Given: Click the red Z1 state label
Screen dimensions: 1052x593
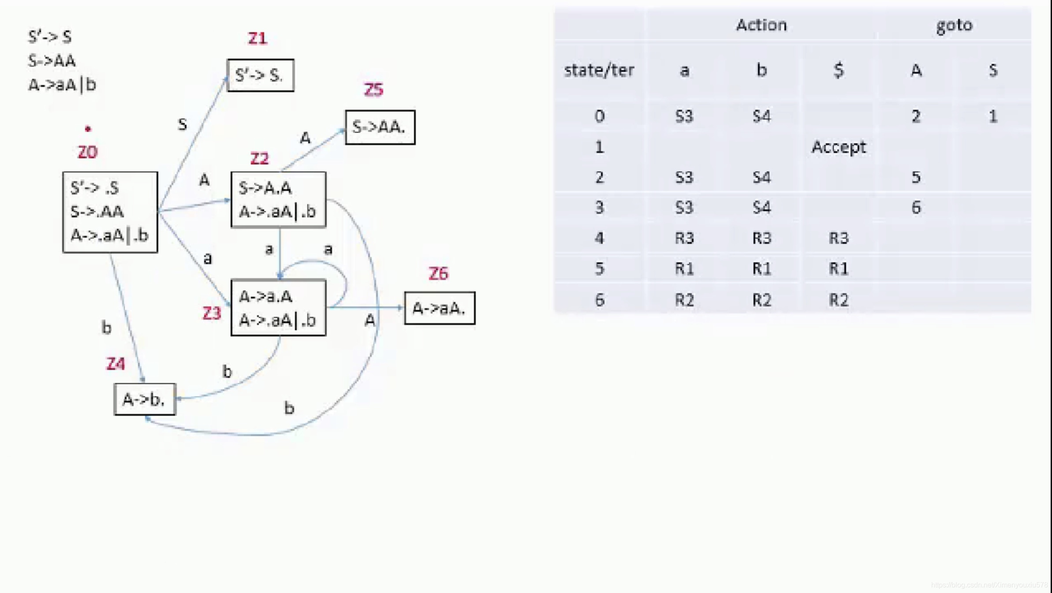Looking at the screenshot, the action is tap(257, 38).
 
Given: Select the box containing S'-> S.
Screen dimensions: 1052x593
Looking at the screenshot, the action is tap(260, 75).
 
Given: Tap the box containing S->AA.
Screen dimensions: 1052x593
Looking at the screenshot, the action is tap(380, 127).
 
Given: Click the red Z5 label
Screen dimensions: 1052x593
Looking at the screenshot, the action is tap(373, 90).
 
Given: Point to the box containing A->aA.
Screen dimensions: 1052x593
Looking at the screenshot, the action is tap(440, 308).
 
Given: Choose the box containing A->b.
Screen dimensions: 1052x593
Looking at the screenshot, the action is tap(145, 399).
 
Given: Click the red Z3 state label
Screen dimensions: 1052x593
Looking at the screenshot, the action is tap(212, 313).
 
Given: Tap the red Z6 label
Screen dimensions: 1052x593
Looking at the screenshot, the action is tap(438, 274).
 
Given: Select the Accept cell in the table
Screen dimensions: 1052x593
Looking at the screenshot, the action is tap(838, 147).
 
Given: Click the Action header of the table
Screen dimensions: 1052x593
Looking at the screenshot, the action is tap(761, 25).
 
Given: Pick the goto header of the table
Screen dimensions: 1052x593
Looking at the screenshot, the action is tap(954, 25).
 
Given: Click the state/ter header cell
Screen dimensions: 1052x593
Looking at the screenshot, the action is tap(599, 71).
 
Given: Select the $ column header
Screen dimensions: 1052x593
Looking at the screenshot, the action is tap(838, 71).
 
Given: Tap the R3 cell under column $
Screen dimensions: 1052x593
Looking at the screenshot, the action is tap(838, 239).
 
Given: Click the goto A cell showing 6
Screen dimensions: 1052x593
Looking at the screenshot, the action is tap(916, 208).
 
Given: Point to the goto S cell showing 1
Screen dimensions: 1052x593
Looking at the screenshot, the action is tap(992, 116).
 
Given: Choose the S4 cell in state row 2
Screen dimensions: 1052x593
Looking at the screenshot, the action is tap(761, 177).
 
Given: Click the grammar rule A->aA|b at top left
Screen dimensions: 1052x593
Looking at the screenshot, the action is tap(62, 85).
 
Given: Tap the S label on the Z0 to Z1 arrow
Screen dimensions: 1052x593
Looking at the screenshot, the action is tap(182, 125).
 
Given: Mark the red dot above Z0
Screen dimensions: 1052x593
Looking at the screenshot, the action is tap(88, 129).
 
